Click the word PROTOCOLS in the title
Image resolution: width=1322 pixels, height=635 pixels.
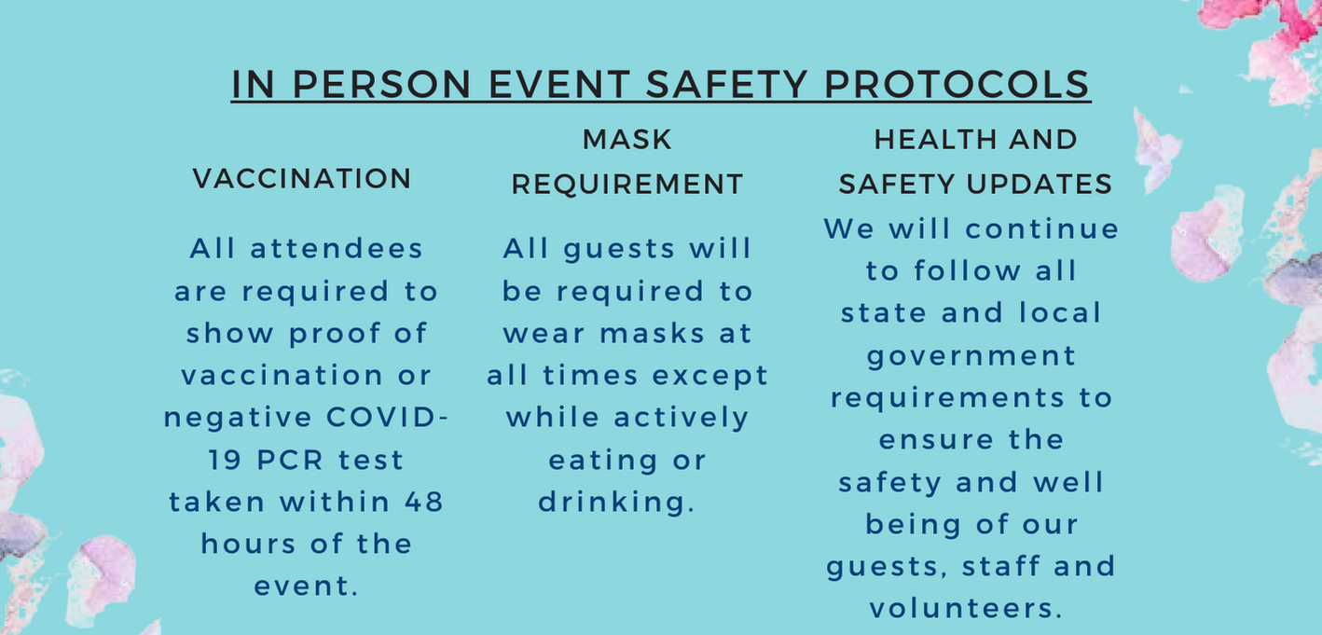[957, 84]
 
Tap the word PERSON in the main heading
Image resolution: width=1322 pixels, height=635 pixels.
[381, 84]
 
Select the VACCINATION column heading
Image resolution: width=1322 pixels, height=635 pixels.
[301, 178]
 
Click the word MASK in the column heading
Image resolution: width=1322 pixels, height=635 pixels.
[627, 140]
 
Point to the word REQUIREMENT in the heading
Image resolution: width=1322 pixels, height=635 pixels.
[627, 184]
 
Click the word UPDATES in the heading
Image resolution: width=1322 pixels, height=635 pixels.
[1040, 184]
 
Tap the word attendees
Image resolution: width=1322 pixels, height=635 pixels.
[337, 248]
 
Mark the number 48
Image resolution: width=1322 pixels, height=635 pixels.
[423, 503]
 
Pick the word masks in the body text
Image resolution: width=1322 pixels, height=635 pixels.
[653, 334]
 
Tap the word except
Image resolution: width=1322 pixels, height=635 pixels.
[710, 376]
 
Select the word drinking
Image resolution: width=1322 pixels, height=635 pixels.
[616, 503]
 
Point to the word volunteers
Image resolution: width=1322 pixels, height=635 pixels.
[966, 609]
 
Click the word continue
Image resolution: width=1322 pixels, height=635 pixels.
[1041, 229]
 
